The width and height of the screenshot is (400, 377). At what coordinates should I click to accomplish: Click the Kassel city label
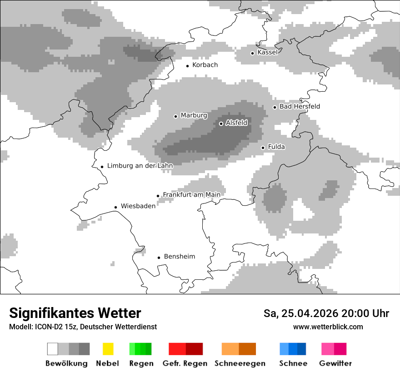tap(267, 52)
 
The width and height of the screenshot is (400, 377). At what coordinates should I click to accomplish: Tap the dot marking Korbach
tap(187, 66)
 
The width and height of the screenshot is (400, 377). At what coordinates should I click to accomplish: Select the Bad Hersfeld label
tap(300, 106)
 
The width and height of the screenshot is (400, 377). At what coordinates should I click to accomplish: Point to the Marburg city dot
tap(175, 116)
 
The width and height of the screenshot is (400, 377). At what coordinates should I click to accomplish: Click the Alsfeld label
tap(236, 123)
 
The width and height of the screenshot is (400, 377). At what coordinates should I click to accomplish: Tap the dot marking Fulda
tap(263, 148)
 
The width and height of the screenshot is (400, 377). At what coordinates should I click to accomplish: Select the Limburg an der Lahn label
tap(140, 166)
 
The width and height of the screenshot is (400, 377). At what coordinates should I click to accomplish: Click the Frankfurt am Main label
tap(191, 195)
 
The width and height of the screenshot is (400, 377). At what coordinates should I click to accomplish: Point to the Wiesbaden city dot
tap(116, 207)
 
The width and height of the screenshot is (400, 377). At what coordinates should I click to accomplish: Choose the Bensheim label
tap(179, 257)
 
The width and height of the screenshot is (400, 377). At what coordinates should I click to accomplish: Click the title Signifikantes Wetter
tap(75, 313)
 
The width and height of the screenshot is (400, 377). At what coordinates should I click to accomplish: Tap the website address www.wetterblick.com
tap(328, 327)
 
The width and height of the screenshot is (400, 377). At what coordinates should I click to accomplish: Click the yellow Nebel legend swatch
tap(108, 349)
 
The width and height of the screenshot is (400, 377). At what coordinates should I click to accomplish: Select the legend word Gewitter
tap(335, 363)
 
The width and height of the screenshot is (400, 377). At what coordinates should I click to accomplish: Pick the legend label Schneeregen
tap(240, 363)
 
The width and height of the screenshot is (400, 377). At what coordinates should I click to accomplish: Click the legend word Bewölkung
tap(66, 363)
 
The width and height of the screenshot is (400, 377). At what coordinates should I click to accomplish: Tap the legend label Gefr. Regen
tap(185, 363)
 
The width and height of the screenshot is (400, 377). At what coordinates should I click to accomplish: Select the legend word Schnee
tap(293, 363)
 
